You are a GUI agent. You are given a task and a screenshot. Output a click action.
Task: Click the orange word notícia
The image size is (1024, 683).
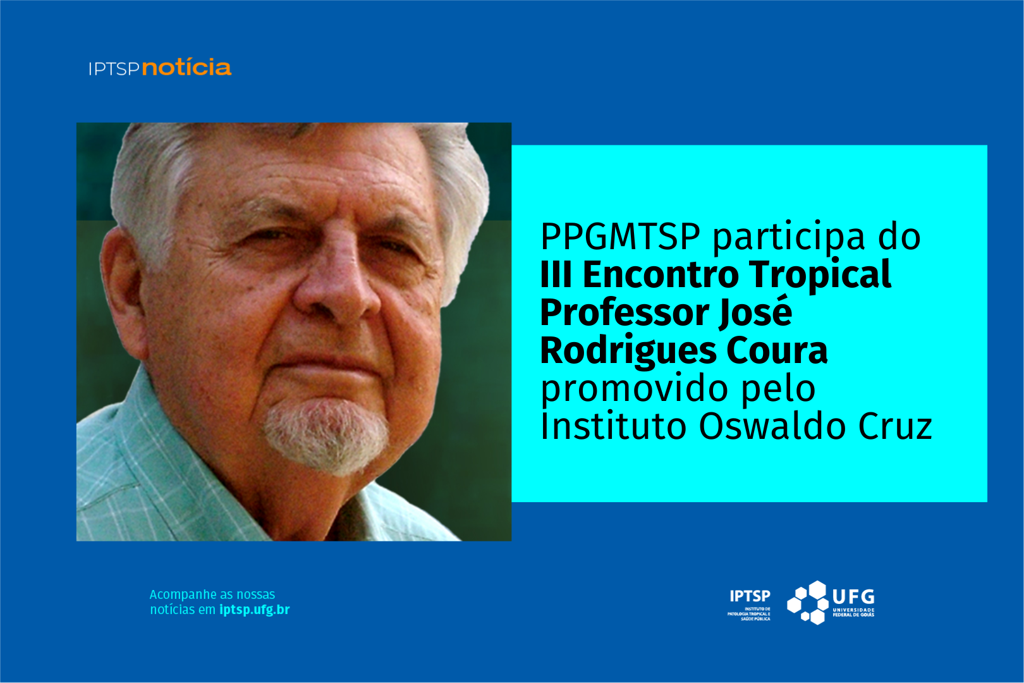[x=186, y=67]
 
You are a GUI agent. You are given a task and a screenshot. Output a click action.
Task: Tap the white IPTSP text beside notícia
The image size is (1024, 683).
[x=114, y=69]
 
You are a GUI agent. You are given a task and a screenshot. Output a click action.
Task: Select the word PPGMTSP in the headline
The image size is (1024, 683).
[x=620, y=237]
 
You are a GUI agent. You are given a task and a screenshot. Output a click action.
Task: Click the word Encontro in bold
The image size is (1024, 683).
[x=661, y=274]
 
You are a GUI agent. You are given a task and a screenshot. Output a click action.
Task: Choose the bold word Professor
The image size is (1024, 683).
[x=625, y=312]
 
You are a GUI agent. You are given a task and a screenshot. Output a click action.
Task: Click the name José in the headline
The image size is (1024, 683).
[x=755, y=311]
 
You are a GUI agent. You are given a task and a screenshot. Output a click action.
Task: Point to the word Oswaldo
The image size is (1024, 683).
[x=773, y=426]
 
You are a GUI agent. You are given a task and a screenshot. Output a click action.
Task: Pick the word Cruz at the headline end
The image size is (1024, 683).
[x=895, y=426]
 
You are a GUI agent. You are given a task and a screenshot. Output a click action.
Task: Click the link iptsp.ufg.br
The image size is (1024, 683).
[x=255, y=610]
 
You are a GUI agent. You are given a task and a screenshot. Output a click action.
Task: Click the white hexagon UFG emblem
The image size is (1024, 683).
[x=808, y=603]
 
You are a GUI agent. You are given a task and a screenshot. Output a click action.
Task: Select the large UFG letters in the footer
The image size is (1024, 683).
[x=853, y=596]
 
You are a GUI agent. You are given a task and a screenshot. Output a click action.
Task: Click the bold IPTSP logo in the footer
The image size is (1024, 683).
[x=750, y=596]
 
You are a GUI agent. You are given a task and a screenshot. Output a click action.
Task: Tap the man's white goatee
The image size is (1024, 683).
[x=326, y=436]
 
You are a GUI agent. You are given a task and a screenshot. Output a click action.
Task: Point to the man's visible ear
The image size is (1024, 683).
[x=123, y=293]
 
